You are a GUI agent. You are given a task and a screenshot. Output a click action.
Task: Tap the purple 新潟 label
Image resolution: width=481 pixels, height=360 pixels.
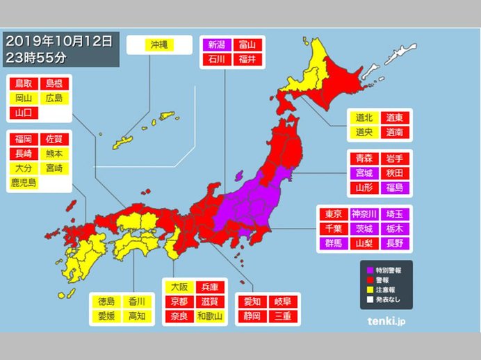(x=214, y=44)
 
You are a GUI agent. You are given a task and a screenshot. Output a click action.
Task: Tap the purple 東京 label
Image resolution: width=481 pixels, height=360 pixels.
(x=333, y=213)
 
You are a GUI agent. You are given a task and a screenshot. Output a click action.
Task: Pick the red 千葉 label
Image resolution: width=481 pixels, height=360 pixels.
(x=333, y=229)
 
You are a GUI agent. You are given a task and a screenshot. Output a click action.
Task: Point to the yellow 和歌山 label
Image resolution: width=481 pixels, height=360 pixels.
(x=209, y=317)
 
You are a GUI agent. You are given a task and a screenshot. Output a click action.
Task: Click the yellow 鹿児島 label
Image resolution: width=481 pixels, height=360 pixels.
(x=24, y=183)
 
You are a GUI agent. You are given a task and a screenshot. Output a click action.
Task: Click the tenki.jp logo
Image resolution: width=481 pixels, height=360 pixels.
(x=385, y=322)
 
